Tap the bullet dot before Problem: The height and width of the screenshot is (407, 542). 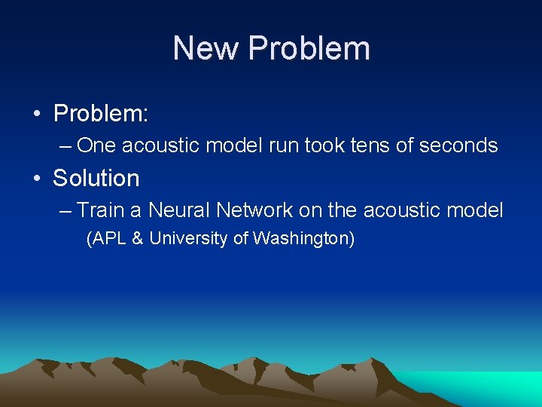click(36, 115)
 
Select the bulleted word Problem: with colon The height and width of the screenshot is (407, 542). click(101, 115)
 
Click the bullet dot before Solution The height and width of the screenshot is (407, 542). click(36, 179)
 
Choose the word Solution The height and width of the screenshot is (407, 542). click(96, 179)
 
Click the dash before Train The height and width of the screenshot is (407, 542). click(65, 210)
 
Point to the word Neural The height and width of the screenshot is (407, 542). click(178, 210)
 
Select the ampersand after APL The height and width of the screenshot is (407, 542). click(138, 239)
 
